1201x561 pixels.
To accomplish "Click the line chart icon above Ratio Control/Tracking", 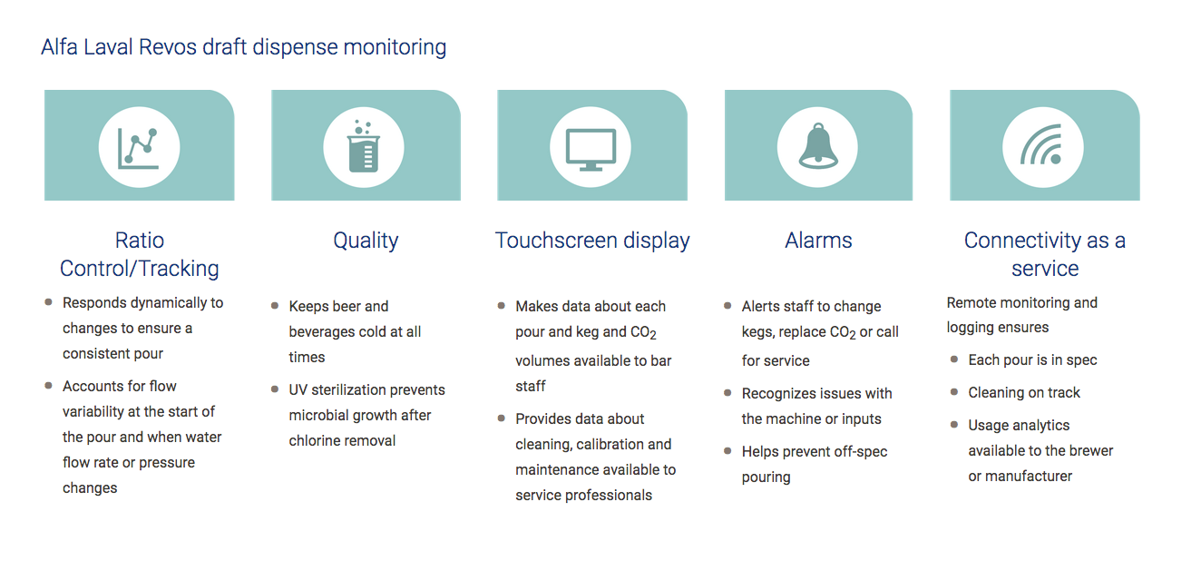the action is point(138,148).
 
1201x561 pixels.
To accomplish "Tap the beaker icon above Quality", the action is point(364,146).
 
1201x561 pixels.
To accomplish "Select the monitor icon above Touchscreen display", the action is point(591,150).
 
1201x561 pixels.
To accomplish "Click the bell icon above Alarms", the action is point(817,146).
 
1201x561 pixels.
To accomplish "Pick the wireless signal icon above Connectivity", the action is point(1042,145).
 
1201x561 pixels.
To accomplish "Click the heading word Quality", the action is point(366,241).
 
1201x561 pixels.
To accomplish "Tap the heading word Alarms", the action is point(818,241).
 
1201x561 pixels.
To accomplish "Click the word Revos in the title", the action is point(168,47).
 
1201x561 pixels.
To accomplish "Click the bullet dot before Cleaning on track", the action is point(954,392).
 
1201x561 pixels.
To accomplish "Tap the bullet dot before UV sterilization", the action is point(275,389).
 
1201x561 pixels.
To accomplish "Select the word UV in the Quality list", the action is point(298,390).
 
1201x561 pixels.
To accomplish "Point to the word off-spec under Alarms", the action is point(861,451).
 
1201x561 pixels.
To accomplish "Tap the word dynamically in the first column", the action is point(169,303).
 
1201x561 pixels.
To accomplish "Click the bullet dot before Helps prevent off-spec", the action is point(727,451).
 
